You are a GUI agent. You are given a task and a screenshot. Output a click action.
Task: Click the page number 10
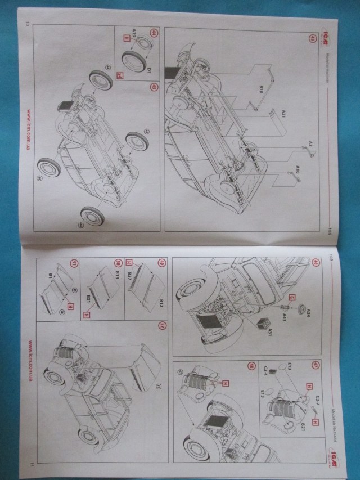(x=26, y=24)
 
